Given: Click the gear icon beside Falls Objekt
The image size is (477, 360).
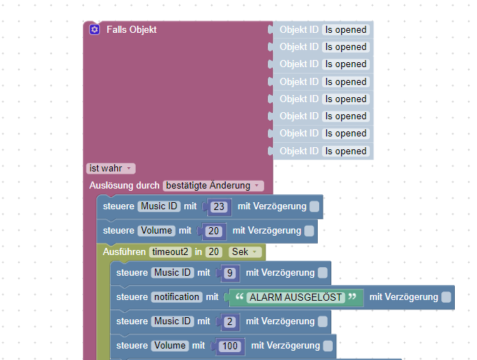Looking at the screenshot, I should coord(94,30).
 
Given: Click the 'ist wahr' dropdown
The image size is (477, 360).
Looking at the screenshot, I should coord(110,169).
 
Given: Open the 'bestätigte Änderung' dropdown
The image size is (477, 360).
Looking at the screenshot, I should coord(213,186).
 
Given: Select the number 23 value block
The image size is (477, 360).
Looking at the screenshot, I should coord(219,207).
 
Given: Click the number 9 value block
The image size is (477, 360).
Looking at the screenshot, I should coord(229,273).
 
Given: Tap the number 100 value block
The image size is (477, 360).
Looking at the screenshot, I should coord(229,346).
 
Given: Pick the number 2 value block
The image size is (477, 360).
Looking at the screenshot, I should coord(229,322).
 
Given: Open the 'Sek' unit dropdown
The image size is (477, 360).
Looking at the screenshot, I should coord(244,252).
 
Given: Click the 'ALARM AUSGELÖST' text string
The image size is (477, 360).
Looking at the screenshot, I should coord(296,297).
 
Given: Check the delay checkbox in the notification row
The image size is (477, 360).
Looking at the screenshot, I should coord(446,297).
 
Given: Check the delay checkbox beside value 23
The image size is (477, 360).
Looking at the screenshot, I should coord(314,207).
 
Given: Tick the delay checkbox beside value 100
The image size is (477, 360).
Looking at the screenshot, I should coord(328,346).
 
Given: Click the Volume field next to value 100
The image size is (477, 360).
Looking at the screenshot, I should coord(171,346).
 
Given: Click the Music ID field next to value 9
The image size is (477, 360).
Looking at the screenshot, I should coord(173,273).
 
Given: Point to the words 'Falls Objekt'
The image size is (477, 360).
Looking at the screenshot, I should coord(131,30).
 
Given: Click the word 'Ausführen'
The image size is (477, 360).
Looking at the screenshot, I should coord(124,252).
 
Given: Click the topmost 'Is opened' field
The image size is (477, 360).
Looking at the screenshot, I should coord(346,30).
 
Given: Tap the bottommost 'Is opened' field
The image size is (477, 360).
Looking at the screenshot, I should coord(346,151).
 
